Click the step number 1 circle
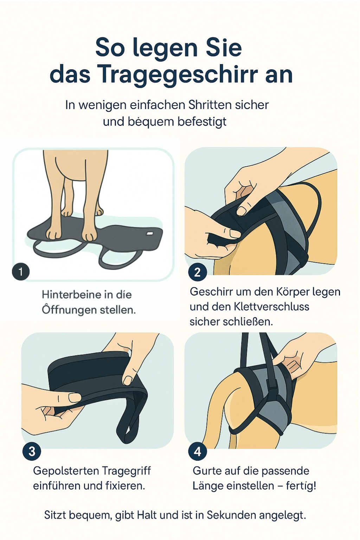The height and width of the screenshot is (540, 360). pos(21,272)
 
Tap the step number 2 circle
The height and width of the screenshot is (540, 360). pos(198,272)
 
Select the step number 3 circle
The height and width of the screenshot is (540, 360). pos(32,451)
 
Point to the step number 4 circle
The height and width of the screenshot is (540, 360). pos(198,451)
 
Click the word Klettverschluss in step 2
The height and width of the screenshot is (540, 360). pos(271,307)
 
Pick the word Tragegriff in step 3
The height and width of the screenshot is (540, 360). pos(126,471)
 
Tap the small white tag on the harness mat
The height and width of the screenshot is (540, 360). pos(150,233)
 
